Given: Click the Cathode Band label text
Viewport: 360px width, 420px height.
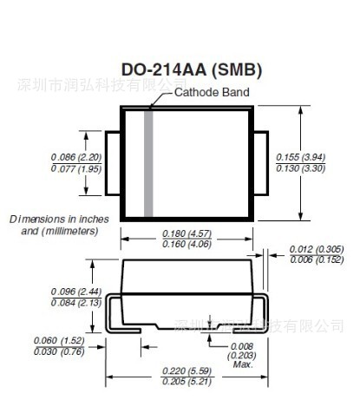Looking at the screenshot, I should click(212, 92).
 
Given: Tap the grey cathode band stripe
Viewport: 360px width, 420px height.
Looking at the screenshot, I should click(148, 163).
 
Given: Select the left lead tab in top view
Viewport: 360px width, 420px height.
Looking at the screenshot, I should click(112, 163).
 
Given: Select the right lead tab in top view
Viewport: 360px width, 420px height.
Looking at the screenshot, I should click(259, 163).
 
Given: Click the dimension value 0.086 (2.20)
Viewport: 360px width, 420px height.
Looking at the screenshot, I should click(75, 157).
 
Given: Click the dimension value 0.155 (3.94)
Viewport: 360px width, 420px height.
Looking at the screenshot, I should click(300, 157).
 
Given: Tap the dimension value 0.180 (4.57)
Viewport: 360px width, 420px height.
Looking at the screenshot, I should click(185, 233).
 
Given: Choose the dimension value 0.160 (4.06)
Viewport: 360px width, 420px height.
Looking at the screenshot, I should click(185, 244).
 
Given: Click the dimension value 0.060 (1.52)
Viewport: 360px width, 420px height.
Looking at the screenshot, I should click(58, 340).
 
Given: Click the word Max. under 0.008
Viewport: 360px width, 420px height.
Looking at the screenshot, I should click(242, 364).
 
